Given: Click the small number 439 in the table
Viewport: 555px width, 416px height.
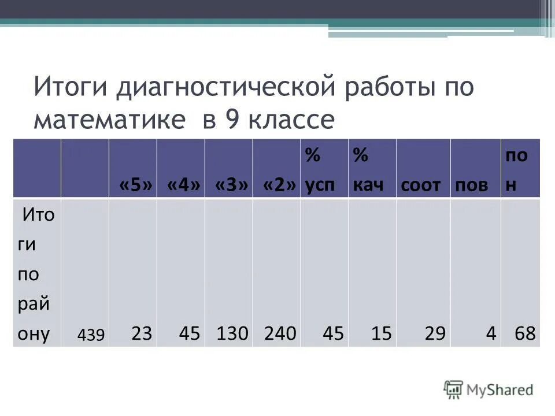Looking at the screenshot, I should (x=92, y=335).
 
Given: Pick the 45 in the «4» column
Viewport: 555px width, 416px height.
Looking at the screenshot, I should (x=190, y=333).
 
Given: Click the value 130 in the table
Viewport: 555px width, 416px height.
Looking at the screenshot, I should (x=232, y=333).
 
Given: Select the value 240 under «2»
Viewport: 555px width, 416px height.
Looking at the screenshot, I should (x=280, y=333).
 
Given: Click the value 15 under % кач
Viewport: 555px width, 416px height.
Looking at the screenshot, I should (x=382, y=333).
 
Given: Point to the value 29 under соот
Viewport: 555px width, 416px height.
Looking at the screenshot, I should (x=435, y=333).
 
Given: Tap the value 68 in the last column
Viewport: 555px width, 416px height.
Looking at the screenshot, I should (x=527, y=333).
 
